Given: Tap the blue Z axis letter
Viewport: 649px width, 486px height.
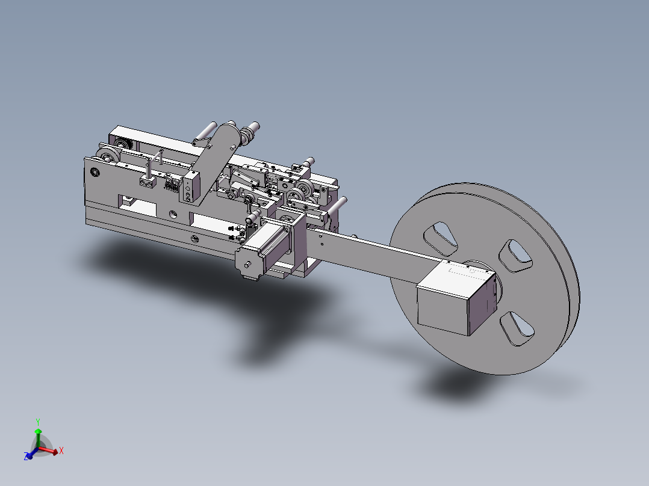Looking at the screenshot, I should [27, 457].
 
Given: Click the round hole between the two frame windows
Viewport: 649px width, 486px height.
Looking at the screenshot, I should [173, 213].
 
